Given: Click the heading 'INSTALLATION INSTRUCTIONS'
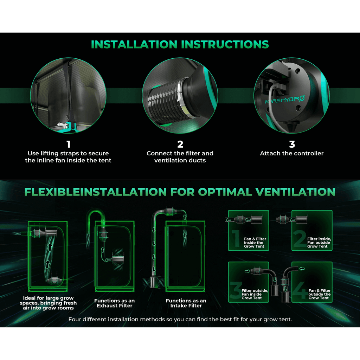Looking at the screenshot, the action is pyautogui.click(x=180, y=45).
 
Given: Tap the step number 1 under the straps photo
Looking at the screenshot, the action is pyautogui.click(x=69, y=144).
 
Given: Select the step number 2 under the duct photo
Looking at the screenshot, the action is pyautogui.click(x=180, y=144).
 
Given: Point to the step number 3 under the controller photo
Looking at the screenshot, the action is pyautogui.click(x=292, y=144).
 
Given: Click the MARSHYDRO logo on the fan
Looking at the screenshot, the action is pyautogui.click(x=285, y=99).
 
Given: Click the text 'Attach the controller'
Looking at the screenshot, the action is pyautogui.click(x=291, y=153).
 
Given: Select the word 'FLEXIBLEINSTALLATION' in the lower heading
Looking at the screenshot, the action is pyautogui.click(x=95, y=192).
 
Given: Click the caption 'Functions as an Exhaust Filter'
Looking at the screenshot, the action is pyautogui.click(x=114, y=303).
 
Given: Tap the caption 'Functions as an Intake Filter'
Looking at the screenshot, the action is pyautogui.click(x=186, y=303).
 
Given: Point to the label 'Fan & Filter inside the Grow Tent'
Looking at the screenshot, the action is pyautogui.click(x=255, y=243).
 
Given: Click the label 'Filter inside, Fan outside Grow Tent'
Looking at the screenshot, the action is pyautogui.click(x=319, y=243).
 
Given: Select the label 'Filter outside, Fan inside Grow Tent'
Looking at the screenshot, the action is pyautogui.click(x=255, y=294).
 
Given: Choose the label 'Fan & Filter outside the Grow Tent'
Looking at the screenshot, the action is pyautogui.click(x=319, y=294).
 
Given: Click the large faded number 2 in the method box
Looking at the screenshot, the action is pyautogui.click(x=300, y=239).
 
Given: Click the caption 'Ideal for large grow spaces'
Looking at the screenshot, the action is pyautogui.click(x=48, y=303).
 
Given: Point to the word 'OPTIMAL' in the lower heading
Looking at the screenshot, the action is pyautogui.click(x=225, y=192).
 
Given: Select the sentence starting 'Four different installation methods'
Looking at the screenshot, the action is pyautogui.click(x=180, y=319).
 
